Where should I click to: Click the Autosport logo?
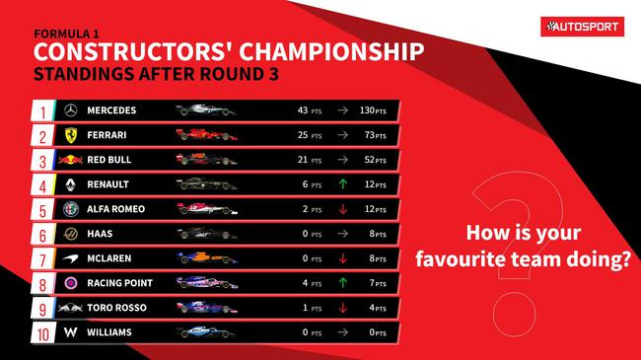(582, 27)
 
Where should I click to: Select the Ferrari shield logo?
(69, 133)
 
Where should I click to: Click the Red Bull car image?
(205, 159)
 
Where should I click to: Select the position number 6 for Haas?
(42, 234)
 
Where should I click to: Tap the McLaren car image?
(205, 258)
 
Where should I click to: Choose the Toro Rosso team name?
(117, 308)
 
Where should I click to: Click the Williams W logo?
(69, 332)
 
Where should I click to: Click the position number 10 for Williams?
(42, 332)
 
